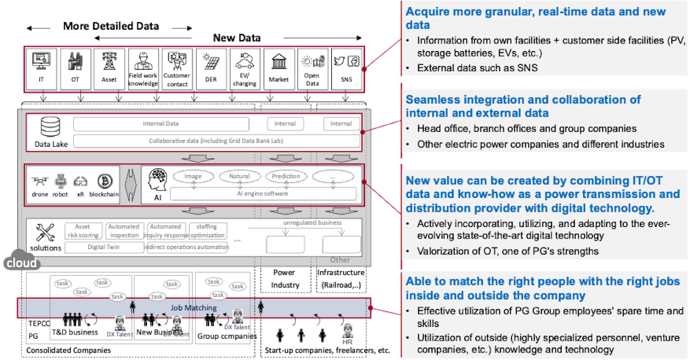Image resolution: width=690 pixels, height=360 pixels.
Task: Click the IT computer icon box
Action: (41, 68)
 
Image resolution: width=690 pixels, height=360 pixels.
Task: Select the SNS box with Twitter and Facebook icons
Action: (347, 68)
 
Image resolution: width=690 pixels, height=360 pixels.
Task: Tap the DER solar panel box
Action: (211, 68)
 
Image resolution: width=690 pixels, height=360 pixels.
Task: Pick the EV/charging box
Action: (245, 68)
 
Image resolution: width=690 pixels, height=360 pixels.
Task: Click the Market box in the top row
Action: (279, 68)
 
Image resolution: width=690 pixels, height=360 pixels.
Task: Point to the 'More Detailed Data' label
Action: (111, 26)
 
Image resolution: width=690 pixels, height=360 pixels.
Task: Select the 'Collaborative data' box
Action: (215, 141)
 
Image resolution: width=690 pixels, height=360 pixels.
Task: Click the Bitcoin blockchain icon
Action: (106, 182)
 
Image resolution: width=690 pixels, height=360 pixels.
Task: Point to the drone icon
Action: (41, 182)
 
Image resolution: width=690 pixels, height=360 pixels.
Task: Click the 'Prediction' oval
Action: (286, 177)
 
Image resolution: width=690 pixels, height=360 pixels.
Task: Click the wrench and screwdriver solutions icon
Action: (46, 234)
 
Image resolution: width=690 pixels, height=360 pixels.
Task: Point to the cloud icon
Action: (21, 263)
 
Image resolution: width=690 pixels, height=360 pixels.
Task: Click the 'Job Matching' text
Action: (193, 308)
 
